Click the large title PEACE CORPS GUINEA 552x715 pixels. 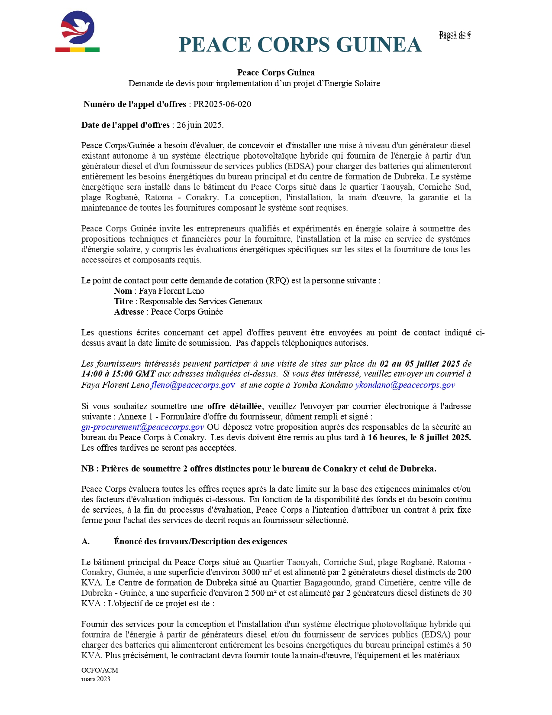pos(300,45)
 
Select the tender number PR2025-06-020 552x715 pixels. pos(222,104)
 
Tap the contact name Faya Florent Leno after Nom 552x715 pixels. pos(171,291)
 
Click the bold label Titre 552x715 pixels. pos(123,302)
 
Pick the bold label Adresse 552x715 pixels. pos(129,312)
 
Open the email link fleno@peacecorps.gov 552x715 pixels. pos(193,385)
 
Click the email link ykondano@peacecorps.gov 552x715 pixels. pos(405,385)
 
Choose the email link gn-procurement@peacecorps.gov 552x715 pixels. pos(142,427)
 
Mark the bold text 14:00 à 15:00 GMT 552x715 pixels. pos(118,374)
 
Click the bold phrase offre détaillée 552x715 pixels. pos(234,406)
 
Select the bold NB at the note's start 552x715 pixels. pos(88,469)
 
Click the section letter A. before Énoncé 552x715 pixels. pos(85,542)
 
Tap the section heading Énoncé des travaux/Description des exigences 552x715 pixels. pos(200,542)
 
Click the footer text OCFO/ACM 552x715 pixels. pos(100,670)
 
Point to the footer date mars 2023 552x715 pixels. pos(96,679)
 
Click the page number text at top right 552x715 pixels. pos(455,36)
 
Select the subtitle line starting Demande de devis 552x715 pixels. pos(254,84)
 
